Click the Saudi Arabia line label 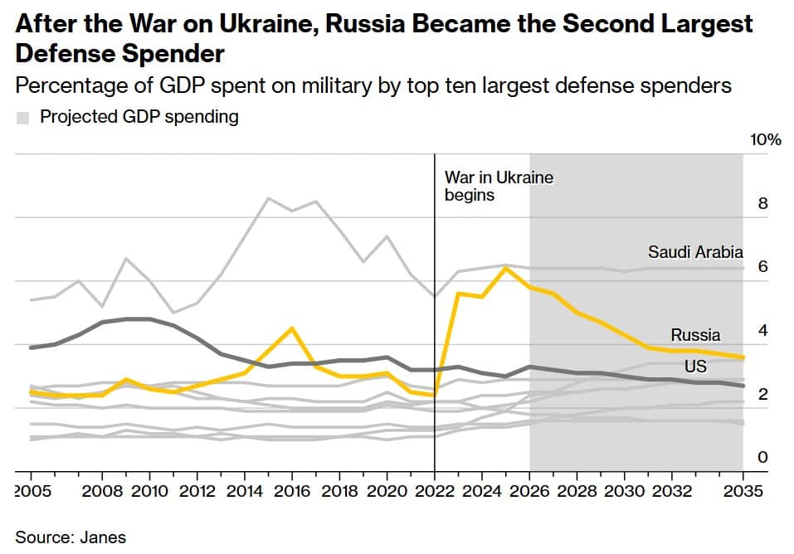pyautogui.click(x=695, y=252)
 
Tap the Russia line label pyautogui.click(x=695, y=335)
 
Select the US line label pyautogui.click(x=695, y=367)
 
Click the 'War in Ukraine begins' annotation pyautogui.click(x=498, y=187)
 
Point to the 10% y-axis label pyautogui.click(x=765, y=139)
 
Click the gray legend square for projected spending pyautogui.click(x=23, y=118)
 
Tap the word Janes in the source pyautogui.click(x=105, y=537)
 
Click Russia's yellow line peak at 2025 pyautogui.click(x=506, y=268)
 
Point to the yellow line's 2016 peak pyautogui.click(x=291, y=328)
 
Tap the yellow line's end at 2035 pyautogui.click(x=743, y=357)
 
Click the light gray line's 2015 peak pyautogui.click(x=268, y=198)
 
